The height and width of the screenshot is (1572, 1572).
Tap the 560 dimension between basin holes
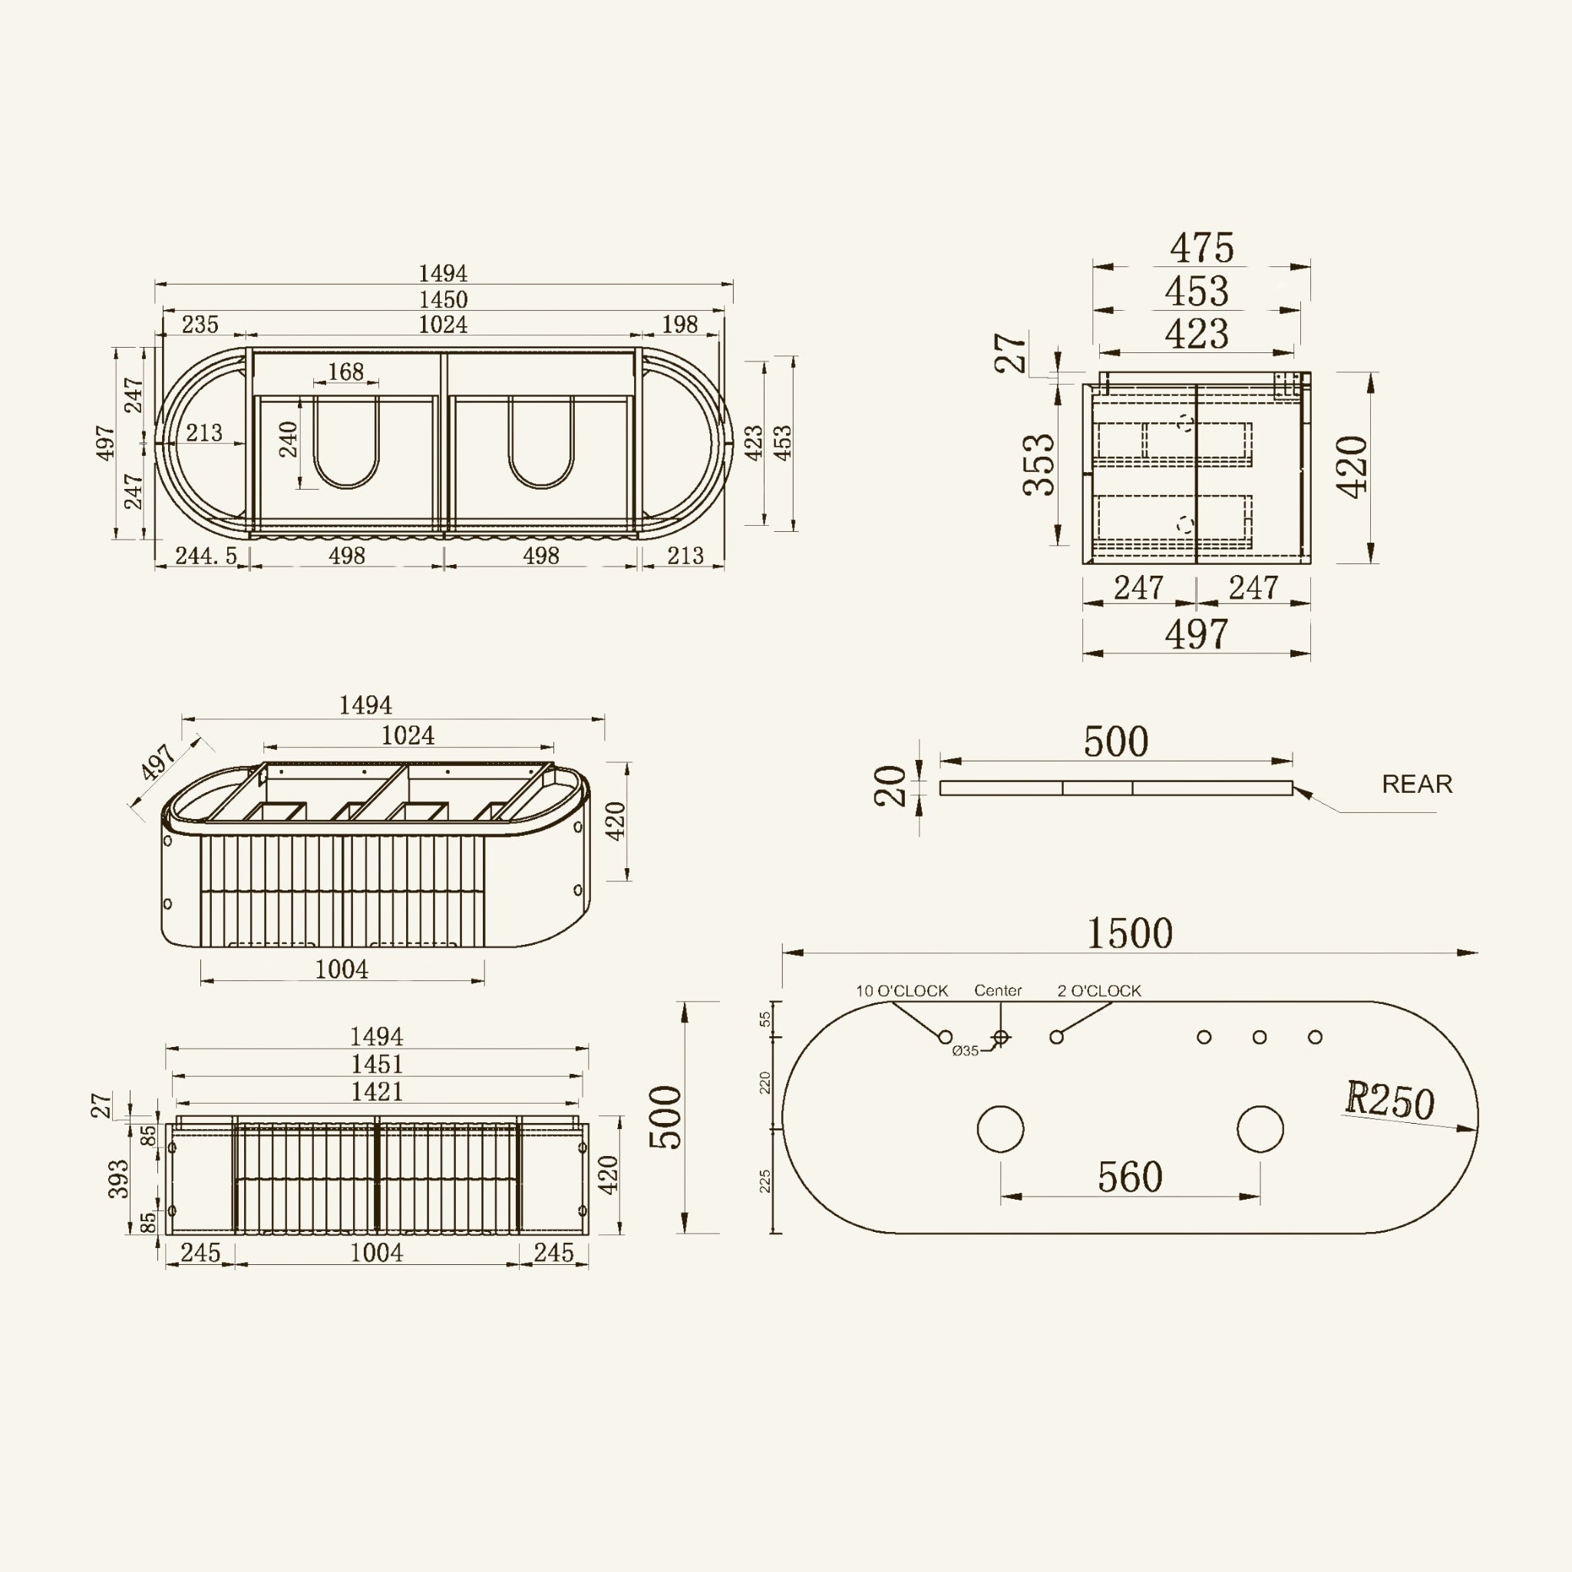point(1130,1177)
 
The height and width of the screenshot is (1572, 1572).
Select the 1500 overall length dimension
point(1130,933)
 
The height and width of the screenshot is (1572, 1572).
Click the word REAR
point(1418,784)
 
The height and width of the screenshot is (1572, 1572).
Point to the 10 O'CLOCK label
point(902,991)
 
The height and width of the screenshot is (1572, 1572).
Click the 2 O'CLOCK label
point(1099,991)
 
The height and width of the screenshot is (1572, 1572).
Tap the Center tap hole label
point(999,990)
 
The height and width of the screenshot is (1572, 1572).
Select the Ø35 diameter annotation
point(965,1052)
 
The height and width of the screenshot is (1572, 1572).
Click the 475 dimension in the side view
point(1202,247)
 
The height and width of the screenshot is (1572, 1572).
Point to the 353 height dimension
point(1039,464)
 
